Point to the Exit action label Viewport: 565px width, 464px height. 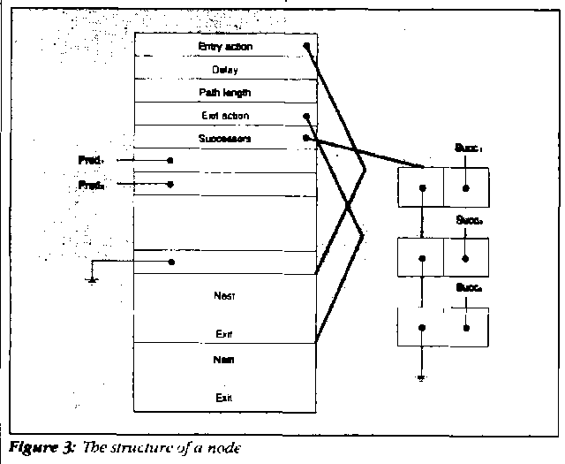pos(225,115)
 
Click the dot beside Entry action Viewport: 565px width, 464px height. pos(306,45)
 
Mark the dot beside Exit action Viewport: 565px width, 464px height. pos(305,115)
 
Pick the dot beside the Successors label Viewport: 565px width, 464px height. pos(305,138)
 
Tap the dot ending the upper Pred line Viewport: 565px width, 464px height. pos(169,161)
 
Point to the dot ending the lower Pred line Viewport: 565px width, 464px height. pos(169,185)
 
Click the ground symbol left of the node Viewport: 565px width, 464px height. pos(92,279)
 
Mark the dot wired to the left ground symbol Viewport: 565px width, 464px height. pos(170,262)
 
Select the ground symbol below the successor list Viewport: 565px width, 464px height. pos(424,377)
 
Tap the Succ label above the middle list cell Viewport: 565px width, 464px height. pos(468,218)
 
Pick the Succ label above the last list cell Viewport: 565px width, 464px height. pos(468,287)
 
